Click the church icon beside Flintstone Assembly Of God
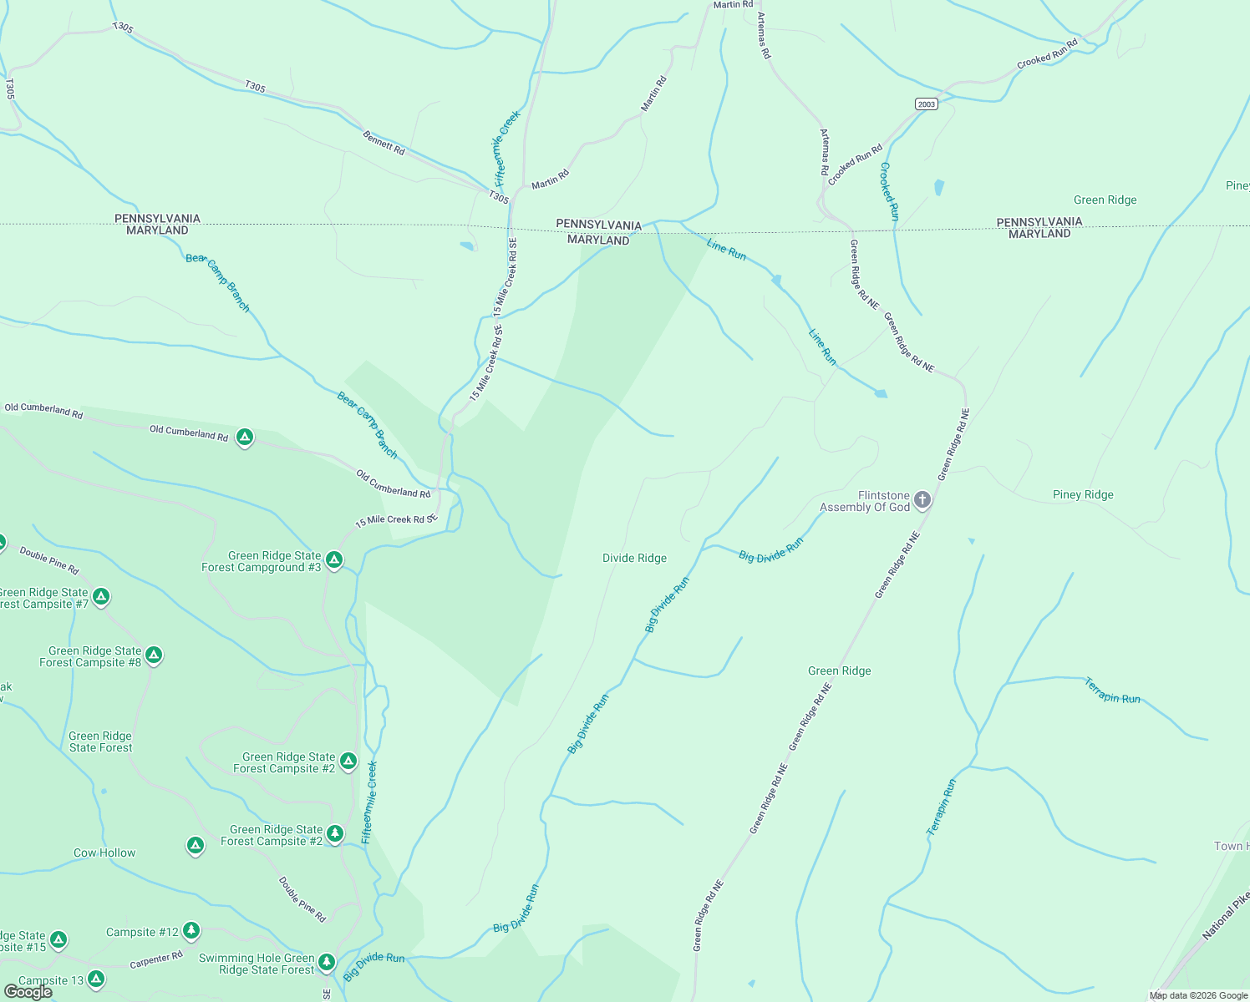[x=922, y=500]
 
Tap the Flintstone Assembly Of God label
[x=865, y=501]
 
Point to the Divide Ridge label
[x=634, y=558]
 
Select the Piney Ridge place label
[x=1083, y=494]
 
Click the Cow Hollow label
[x=104, y=853]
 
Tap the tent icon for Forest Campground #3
[x=334, y=560]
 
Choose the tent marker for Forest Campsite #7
[x=101, y=597]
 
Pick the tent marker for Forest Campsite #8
[x=154, y=655]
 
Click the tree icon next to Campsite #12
[x=191, y=930]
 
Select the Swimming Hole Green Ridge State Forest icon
[x=327, y=963]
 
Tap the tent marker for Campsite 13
[x=96, y=979]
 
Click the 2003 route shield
[x=926, y=104]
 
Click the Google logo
[x=28, y=992]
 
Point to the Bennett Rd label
[x=384, y=143]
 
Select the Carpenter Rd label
[x=156, y=960]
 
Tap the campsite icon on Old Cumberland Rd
[x=245, y=437]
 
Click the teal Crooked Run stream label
[x=888, y=191]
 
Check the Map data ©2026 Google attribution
[x=1198, y=995]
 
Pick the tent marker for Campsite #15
[x=58, y=940]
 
